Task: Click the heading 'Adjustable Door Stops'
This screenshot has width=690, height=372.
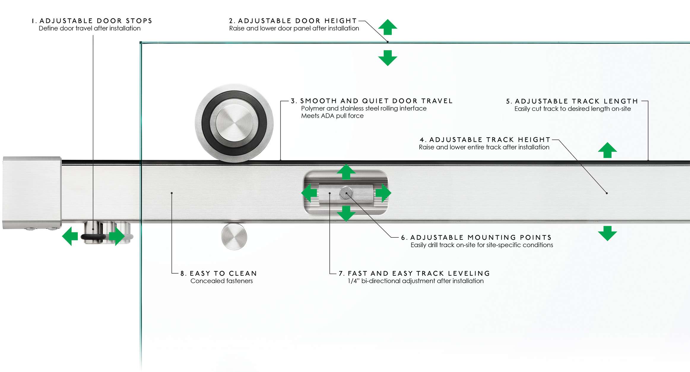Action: [96, 21]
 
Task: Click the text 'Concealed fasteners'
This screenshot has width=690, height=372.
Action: [221, 281]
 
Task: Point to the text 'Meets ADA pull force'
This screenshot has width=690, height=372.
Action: [332, 116]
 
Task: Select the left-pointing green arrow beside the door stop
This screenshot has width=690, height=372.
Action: [70, 236]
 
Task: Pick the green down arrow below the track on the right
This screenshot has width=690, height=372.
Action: [607, 233]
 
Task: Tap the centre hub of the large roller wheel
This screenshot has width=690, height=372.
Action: [234, 123]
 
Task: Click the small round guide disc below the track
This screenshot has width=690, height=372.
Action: [234, 237]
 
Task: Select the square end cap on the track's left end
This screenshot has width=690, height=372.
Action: [32, 193]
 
